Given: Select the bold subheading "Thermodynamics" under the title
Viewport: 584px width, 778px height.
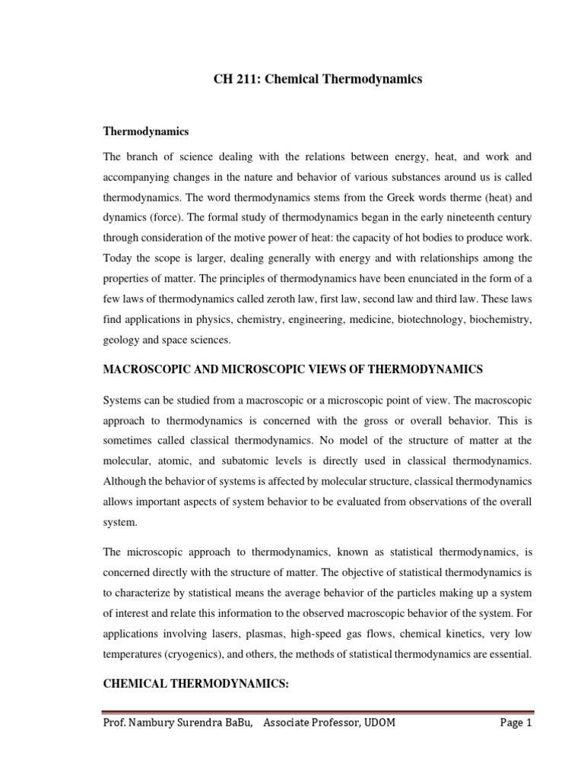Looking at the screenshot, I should pyautogui.click(x=145, y=131).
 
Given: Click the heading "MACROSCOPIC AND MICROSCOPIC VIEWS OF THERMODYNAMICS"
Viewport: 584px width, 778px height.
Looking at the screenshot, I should pyautogui.click(x=293, y=369).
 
